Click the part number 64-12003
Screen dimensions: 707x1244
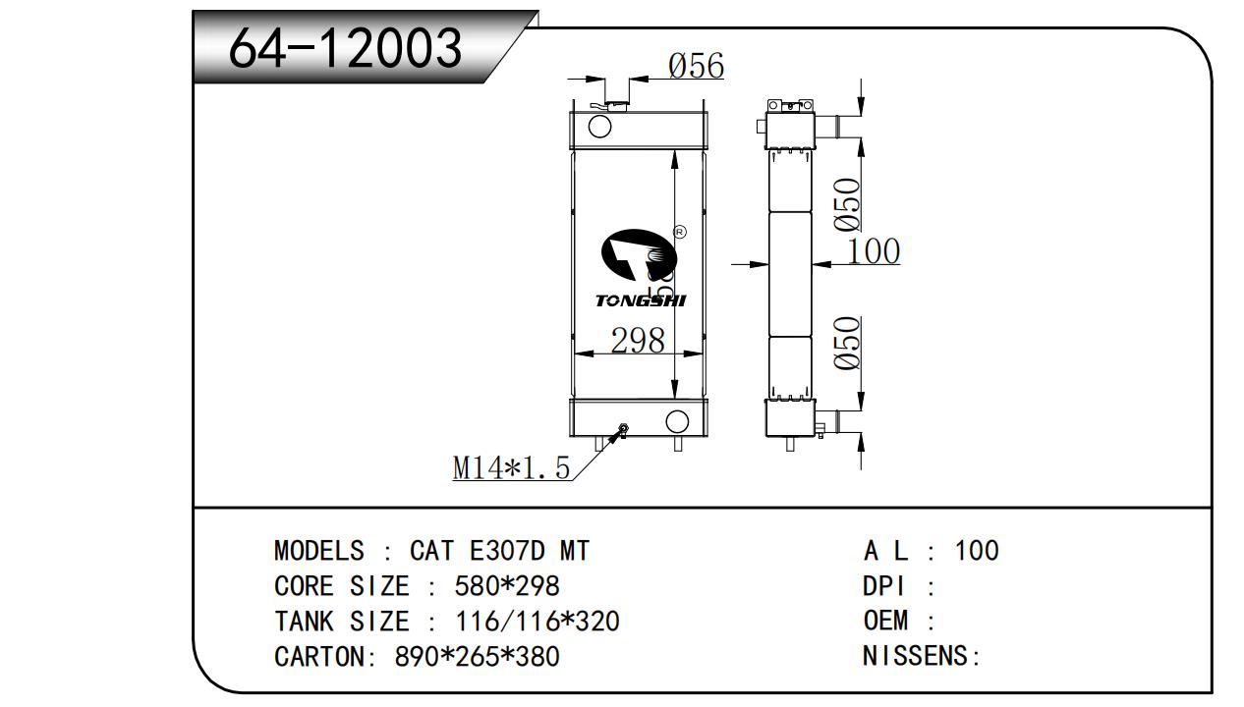[x=345, y=47]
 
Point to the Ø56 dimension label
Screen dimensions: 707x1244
[x=696, y=67]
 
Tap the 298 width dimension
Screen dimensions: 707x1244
[x=638, y=341]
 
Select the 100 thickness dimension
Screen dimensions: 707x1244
[x=873, y=251]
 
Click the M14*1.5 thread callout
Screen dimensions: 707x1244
[x=511, y=468]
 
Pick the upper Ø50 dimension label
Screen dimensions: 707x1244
[x=848, y=204]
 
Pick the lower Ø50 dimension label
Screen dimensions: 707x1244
[x=848, y=343]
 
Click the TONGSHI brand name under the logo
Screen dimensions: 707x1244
[x=641, y=300]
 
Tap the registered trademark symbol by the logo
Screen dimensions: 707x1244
[x=679, y=233]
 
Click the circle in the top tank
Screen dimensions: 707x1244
[x=598, y=126]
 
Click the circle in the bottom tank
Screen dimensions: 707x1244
[x=677, y=421]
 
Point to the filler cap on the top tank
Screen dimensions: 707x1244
[x=616, y=102]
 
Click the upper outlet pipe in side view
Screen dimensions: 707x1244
[x=831, y=127]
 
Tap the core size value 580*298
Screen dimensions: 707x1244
[x=507, y=586]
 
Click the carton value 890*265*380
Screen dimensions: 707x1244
[x=477, y=656]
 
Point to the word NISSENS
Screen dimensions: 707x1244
[x=916, y=656]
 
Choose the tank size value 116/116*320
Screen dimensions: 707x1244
[x=537, y=622]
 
